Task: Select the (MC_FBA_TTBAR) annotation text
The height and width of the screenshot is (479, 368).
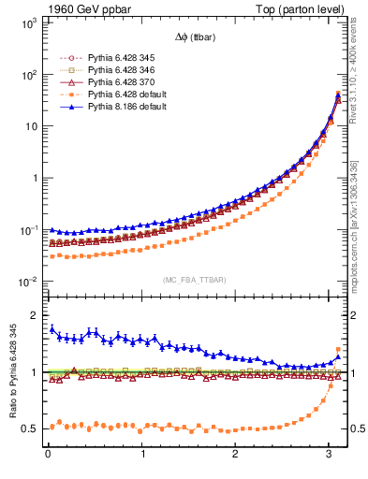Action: [193, 278]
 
